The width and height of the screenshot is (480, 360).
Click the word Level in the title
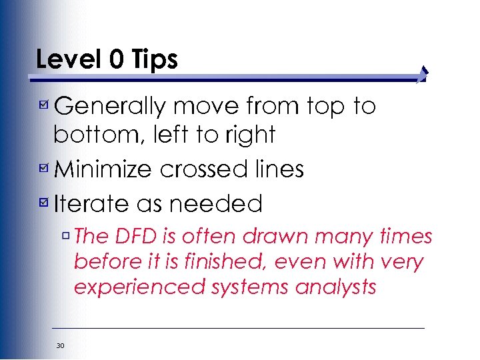(61, 59)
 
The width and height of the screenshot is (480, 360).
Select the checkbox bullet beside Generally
(43, 105)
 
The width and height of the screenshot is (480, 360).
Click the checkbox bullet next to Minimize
(43, 169)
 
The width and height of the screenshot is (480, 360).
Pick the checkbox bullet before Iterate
(43, 202)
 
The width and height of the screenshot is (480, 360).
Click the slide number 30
(60, 345)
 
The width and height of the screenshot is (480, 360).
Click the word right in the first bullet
(251, 135)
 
